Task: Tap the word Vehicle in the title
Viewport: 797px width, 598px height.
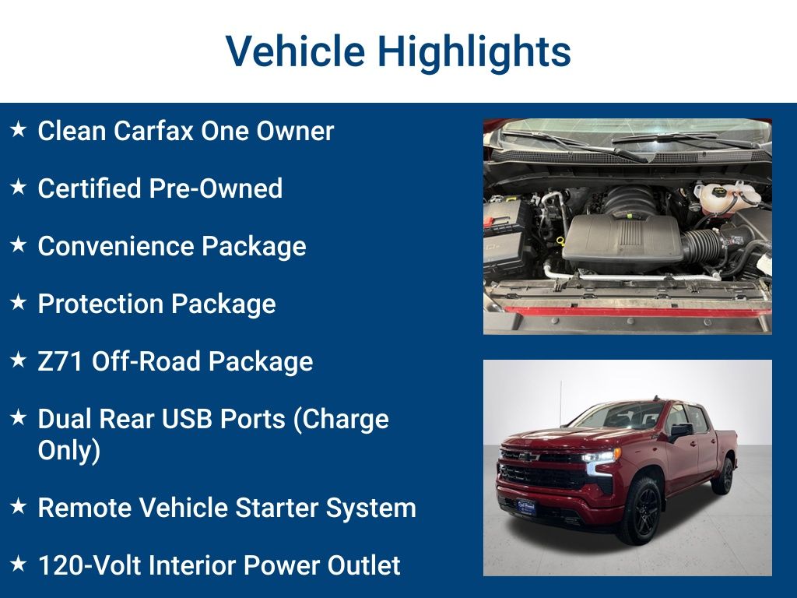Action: point(295,51)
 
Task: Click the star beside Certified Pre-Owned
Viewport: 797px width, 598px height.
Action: point(19,187)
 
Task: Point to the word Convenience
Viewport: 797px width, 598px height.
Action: point(116,246)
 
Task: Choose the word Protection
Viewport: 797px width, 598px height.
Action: point(100,304)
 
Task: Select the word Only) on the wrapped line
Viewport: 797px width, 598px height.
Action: point(69,451)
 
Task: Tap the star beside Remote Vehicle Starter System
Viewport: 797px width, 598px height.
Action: point(19,506)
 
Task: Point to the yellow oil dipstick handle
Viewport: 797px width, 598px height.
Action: point(560,241)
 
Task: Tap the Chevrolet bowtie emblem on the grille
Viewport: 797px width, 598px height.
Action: point(528,456)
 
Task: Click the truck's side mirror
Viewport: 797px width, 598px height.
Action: point(680,431)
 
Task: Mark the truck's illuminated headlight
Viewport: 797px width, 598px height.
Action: point(601,456)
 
